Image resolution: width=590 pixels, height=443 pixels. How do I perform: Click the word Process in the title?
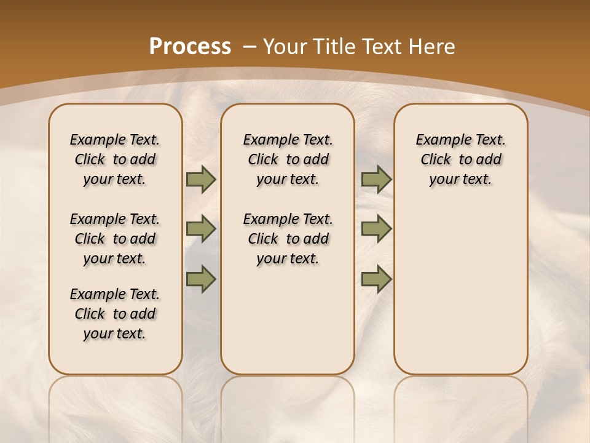point(190,47)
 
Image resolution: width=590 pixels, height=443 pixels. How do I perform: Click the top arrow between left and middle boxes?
point(201,180)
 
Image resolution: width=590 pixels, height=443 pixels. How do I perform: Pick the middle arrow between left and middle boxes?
point(201,229)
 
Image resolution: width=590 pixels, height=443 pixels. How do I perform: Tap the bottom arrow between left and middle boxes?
point(201,279)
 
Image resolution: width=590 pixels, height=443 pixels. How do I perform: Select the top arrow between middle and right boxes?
point(376,180)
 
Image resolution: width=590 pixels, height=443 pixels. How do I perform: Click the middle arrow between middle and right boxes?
point(376,229)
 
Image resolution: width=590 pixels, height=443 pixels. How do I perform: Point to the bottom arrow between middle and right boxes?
point(376,279)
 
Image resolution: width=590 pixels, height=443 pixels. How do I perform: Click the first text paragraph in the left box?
point(115,159)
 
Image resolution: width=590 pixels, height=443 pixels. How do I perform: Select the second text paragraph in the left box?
point(115,239)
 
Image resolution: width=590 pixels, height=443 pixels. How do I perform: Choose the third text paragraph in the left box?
point(115,314)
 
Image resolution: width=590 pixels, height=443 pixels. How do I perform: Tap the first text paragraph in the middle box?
point(288,159)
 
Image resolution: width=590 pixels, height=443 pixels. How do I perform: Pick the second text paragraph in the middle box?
point(288,239)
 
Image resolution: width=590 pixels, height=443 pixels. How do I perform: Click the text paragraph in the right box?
point(460,159)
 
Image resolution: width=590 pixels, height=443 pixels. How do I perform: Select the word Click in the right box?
point(436,160)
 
